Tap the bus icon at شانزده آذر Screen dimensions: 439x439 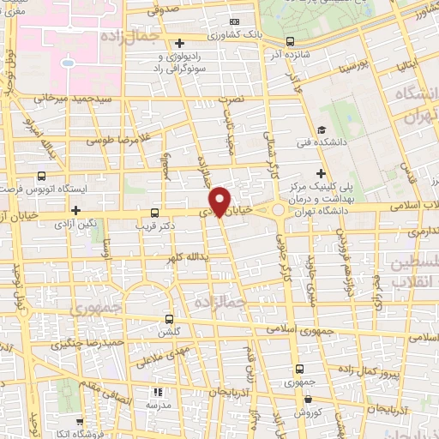coord(290,40)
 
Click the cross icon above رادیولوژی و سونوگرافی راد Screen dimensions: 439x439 coord(179,44)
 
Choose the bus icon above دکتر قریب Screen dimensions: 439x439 coord(154,212)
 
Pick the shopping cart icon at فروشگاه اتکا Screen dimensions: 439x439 coord(79,422)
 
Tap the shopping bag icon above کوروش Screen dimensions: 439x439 coord(307,399)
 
